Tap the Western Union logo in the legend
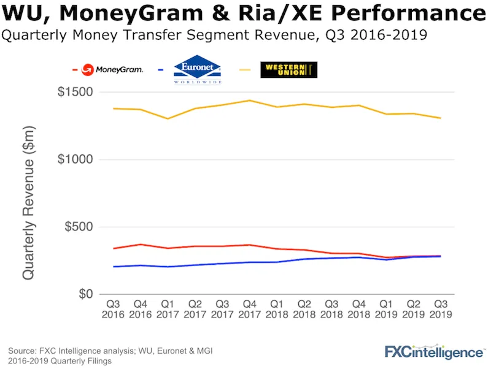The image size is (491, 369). [288, 69]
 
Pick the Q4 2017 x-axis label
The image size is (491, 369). [250, 308]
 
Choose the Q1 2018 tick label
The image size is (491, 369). [277, 308]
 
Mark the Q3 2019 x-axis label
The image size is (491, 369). [440, 308]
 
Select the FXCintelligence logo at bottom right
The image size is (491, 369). [434, 352]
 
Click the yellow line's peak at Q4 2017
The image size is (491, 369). [250, 101]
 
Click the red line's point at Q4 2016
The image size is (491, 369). [141, 245]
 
